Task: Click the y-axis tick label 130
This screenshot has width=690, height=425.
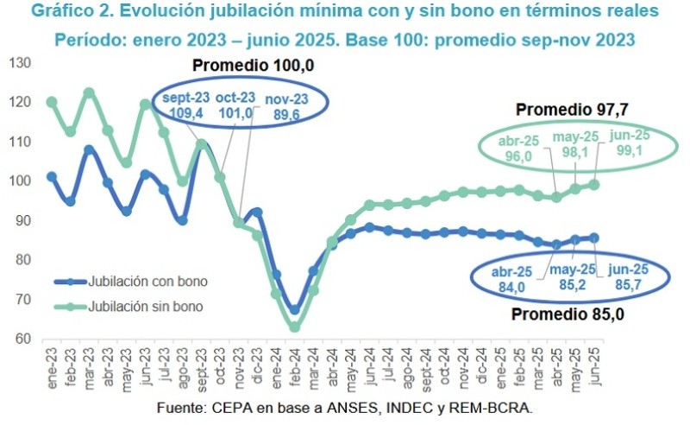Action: pyautogui.click(x=19, y=63)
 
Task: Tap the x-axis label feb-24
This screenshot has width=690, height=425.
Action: pyautogui.click(x=294, y=363)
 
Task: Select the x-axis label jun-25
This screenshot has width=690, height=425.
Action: pyautogui.click(x=593, y=363)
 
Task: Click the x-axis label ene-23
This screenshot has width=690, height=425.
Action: pyautogui.click(x=52, y=363)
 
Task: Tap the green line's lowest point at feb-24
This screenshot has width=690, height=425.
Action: pyautogui.click(x=294, y=327)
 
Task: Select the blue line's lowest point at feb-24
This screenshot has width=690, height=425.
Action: pyautogui.click(x=294, y=310)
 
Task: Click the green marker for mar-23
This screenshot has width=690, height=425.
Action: pyautogui.click(x=89, y=93)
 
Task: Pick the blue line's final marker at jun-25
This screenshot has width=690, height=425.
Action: pyautogui.click(x=594, y=238)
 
